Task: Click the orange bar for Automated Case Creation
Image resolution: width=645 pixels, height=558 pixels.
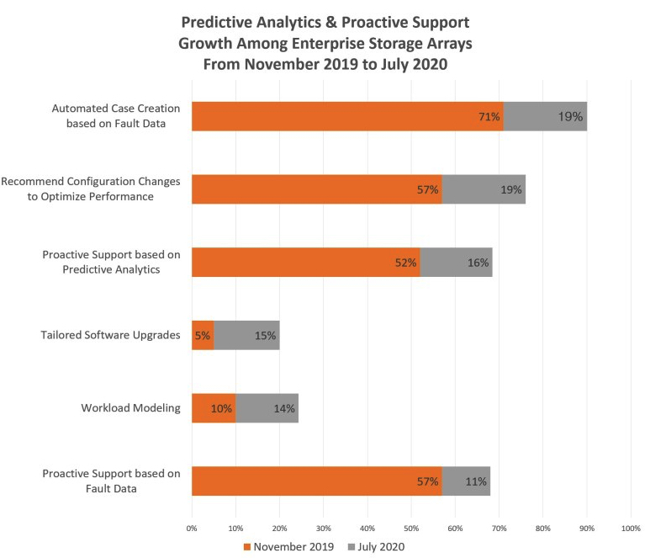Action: pyautogui.click(x=336, y=116)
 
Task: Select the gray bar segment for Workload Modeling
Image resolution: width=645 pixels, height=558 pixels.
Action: pyautogui.click(x=267, y=408)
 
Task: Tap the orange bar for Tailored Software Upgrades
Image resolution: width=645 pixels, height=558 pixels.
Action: pyautogui.click(x=203, y=336)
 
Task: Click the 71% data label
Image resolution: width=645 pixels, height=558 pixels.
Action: pyautogui.click(x=490, y=117)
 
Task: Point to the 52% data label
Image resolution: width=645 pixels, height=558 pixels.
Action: pyautogui.click(x=406, y=263)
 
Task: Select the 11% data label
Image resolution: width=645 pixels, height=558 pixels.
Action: pyautogui.click(x=476, y=481)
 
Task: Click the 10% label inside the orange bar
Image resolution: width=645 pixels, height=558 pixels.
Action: pyautogui.click(x=222, y=409)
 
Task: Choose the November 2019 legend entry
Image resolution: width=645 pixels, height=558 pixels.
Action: pyautogui.click(x=288, y=545)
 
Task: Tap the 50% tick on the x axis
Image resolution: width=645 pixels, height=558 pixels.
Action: pyautogui.click(x=411, y=528)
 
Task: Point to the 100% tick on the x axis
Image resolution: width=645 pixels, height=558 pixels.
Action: pyautogui.click(x=630, y=528)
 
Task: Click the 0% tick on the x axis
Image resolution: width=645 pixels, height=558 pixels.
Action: pyautogui.click(x=192, y=528)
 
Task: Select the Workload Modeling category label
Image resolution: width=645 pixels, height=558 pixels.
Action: pyautogui.click(x=130, y=408)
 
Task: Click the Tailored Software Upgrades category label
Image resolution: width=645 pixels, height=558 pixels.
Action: pyautogui.click(x=110, y=335)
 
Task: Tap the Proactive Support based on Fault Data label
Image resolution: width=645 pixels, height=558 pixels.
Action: pyautogui.click(x=111, y=481)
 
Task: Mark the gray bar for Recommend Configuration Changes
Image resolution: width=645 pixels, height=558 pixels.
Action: pyautogui.click(x=484, y=189)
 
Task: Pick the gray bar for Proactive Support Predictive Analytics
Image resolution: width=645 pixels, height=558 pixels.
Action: pyautogui.click(x=456, y=263)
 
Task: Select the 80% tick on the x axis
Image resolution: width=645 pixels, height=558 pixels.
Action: pyautogui.click(x=542, y=528)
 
